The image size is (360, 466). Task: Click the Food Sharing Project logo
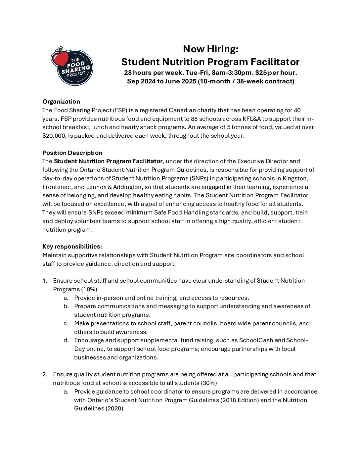(x=72, y=66)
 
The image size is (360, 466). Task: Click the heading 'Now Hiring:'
(x=210, y=49)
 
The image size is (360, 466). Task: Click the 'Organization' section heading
(x=61, y=102)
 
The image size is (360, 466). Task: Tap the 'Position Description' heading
(x=72, y=153)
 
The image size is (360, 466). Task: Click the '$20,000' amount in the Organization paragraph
(x=53, y=136)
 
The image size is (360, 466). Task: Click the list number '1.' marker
(x=45, y=281)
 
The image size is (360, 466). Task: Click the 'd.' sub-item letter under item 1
(x=66, y=340)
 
